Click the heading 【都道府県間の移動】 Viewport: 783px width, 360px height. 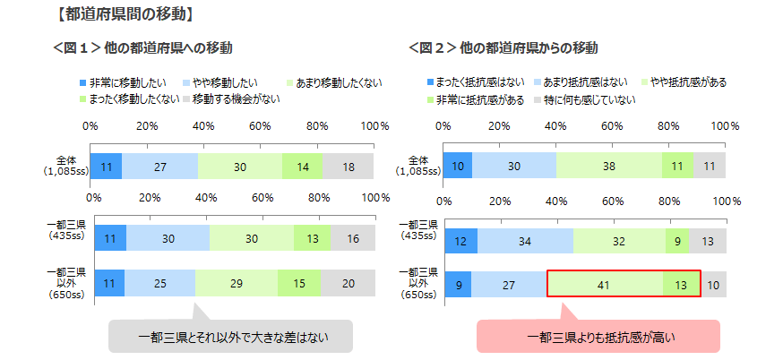pos(131,14)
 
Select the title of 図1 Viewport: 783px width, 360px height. pos(151,47)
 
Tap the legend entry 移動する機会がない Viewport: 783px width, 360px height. pos(235,99)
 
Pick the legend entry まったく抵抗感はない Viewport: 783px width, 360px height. pos(482,82)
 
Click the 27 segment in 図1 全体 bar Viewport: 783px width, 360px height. pos(159,167)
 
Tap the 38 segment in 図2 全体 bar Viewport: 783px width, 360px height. pos(609,166)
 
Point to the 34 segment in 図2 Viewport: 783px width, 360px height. pos(525,241)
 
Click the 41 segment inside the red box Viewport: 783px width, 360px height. pos(605,284)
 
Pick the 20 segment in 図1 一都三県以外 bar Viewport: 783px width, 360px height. pos(348,283)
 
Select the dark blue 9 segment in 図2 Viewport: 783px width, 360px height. pos(457,284)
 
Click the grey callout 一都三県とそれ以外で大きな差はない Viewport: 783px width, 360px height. pos(230,338)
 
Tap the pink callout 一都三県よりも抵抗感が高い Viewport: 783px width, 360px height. pos(598,338)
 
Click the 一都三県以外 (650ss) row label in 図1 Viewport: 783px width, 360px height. pos(67,283)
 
